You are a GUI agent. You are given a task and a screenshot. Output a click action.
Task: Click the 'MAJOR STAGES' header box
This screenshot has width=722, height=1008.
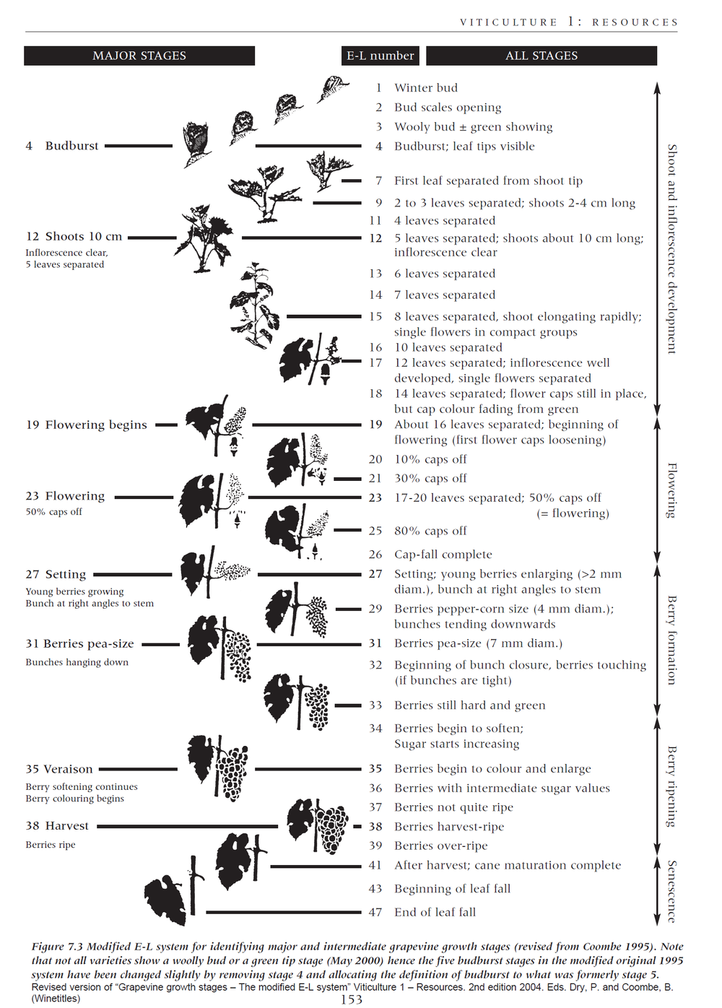point(139,56)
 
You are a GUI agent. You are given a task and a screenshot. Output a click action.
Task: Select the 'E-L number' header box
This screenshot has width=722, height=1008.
point(380,56)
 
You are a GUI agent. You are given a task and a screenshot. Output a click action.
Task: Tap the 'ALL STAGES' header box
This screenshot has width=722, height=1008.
point(541,56)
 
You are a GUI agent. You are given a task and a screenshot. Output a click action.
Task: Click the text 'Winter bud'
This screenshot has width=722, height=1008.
point(426,88)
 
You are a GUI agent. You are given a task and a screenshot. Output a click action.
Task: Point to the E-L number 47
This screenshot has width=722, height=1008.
point(375,913)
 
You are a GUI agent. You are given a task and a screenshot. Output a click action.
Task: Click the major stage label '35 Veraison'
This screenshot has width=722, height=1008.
point(59,770)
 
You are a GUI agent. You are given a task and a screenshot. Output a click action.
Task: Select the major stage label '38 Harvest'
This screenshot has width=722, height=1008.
point(57,826)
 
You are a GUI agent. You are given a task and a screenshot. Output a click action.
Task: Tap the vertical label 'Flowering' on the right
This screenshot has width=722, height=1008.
point(672,490)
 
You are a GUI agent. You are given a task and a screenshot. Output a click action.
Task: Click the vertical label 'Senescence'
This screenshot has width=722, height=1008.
point(672,891)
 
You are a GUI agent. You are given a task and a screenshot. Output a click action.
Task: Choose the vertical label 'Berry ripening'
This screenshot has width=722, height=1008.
point(672,786)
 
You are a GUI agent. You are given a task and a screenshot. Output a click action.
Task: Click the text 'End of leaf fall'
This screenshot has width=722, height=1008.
point(435,913)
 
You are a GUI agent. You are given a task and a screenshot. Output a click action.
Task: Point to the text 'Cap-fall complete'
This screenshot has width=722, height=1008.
point(443,555)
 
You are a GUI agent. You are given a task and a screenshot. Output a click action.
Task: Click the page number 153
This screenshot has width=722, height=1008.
point(352,999)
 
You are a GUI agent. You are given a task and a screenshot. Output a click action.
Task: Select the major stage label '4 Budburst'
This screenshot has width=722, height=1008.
point(62,146)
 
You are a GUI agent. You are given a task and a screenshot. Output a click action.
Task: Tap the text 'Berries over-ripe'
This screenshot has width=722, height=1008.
point(441,846)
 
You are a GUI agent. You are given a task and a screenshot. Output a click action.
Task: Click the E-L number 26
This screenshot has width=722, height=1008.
point(375,555)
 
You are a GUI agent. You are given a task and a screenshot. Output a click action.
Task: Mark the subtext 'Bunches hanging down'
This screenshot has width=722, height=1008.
point(77,662)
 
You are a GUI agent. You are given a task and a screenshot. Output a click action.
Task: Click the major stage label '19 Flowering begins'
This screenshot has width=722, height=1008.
point(87,425)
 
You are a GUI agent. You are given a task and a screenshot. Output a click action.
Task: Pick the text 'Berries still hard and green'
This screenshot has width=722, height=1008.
point(470,705)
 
